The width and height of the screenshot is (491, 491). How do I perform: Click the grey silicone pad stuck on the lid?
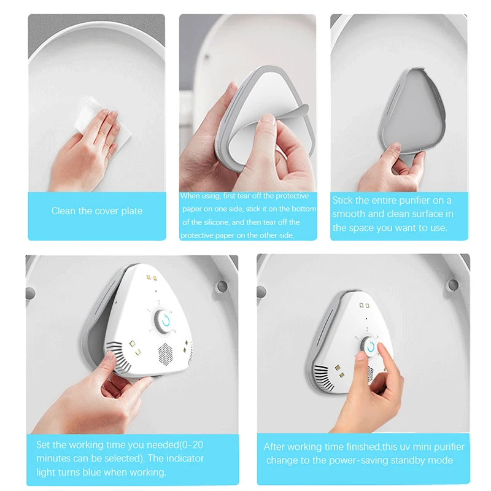coord(412,112)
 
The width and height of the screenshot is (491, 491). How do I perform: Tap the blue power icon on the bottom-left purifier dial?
coord(166,320)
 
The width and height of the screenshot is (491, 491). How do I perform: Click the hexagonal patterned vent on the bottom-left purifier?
coord(165,355)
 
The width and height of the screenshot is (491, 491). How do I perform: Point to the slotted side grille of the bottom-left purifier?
coord(118,357)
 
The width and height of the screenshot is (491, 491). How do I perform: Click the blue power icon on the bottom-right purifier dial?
coord(371,347)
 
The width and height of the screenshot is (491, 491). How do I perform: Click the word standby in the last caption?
coord(412,460)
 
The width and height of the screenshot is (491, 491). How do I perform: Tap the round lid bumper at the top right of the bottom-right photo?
coord(453,285)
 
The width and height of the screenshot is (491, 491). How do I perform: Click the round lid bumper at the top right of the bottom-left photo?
coord(222,286)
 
